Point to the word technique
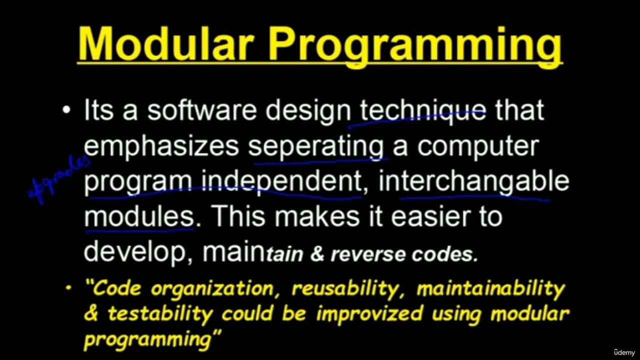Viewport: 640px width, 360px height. tap(423, 110)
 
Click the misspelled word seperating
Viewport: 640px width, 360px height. tap(316, 146)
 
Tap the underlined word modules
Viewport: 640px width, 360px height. tap(138, 217)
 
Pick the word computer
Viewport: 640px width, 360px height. tap(478, 146)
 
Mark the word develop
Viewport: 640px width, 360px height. tap(134, 253)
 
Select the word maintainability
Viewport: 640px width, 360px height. tap(490, 288)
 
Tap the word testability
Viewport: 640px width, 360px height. tap(160, 314)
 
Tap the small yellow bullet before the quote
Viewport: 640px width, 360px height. tap(68, 288)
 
